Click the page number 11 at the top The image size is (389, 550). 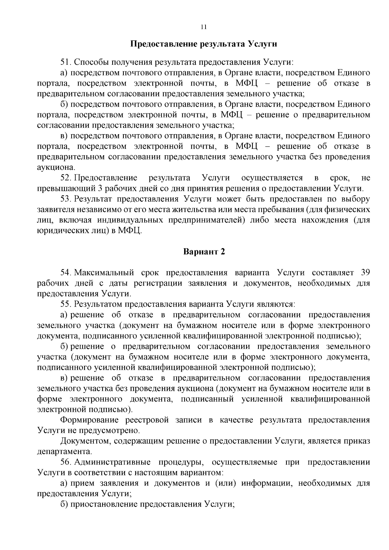204,27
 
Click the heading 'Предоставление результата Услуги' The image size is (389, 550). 204,44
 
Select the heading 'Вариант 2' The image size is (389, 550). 204,252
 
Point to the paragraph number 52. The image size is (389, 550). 65,178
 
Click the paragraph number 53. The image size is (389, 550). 65,199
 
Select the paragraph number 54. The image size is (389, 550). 65,273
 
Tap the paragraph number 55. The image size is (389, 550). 65,304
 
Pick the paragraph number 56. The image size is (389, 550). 65,462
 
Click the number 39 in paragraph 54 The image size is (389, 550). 365,273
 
